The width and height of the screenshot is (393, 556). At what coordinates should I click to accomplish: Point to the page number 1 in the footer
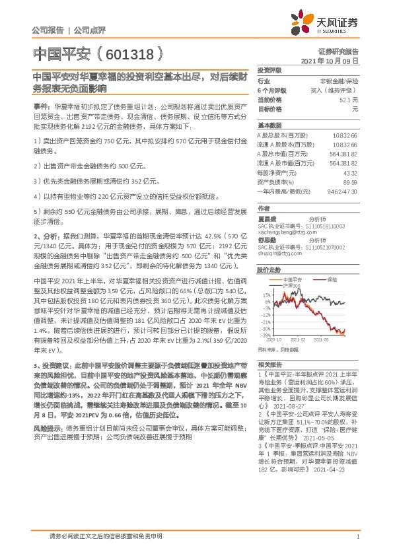[357, 536]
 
